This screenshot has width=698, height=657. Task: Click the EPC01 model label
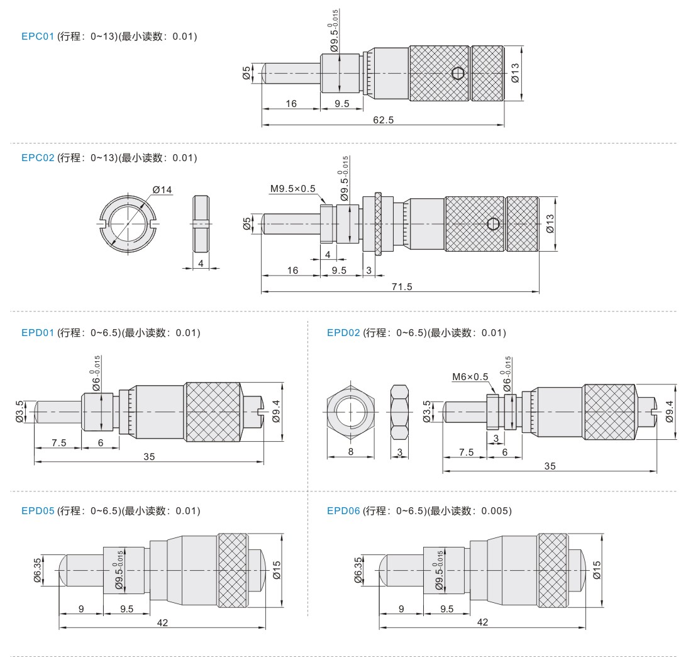point(37,36)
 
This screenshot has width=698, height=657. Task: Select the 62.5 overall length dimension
point(384,120)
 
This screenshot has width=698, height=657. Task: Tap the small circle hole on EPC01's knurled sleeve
point(458,72)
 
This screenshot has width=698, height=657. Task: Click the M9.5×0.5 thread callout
point(292,189)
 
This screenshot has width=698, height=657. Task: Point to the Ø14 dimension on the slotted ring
point(162,190)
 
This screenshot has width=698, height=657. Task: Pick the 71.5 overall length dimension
point(402,287)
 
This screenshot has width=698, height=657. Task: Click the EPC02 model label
point(37,158)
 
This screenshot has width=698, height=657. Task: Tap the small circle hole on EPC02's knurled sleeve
point(493,223)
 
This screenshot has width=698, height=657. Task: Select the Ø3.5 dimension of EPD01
point(19,411)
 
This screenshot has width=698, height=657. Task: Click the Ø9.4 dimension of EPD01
point(276,411)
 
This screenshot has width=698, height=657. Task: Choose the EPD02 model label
point(343,333)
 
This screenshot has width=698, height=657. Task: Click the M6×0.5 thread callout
point(470,377)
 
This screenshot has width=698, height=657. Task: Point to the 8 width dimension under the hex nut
point(351,452)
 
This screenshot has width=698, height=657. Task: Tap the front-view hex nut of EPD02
point(351,412)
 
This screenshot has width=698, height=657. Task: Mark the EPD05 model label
point(37,511)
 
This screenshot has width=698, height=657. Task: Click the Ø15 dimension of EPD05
point(277,570)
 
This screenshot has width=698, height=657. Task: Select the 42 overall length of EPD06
point(482,622)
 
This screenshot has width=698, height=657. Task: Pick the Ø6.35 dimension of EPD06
point(358,570)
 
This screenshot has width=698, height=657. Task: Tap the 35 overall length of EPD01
point(149,456)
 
